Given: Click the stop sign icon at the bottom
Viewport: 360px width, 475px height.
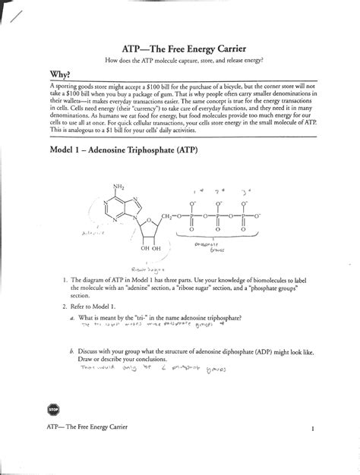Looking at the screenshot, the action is [51, 409].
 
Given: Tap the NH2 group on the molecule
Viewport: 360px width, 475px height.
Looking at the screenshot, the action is [118, 187].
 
